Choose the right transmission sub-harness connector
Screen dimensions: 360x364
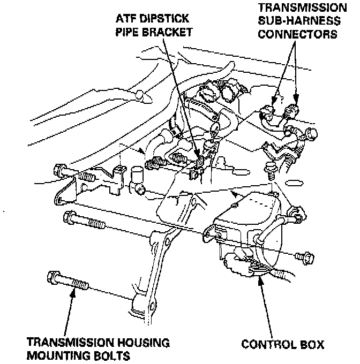(292, 111)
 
